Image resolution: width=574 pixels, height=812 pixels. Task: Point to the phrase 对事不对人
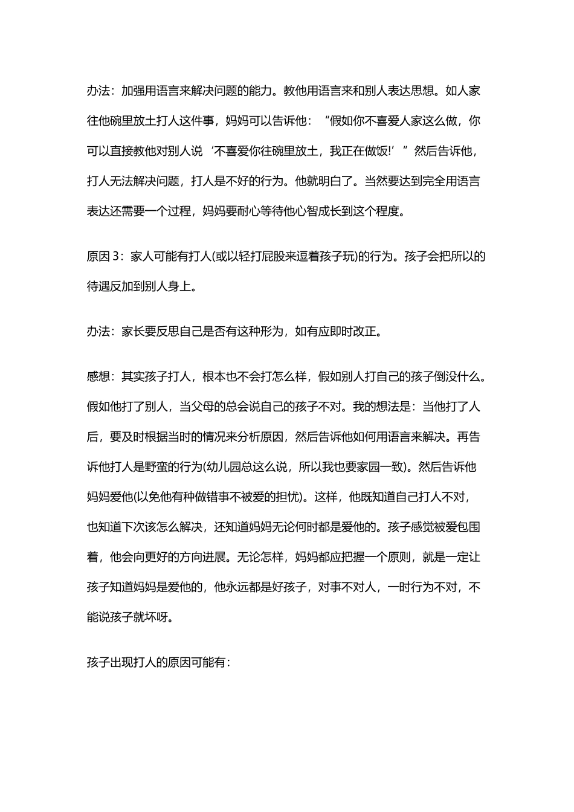347,587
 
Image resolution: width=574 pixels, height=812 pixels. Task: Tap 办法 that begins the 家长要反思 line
98,332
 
